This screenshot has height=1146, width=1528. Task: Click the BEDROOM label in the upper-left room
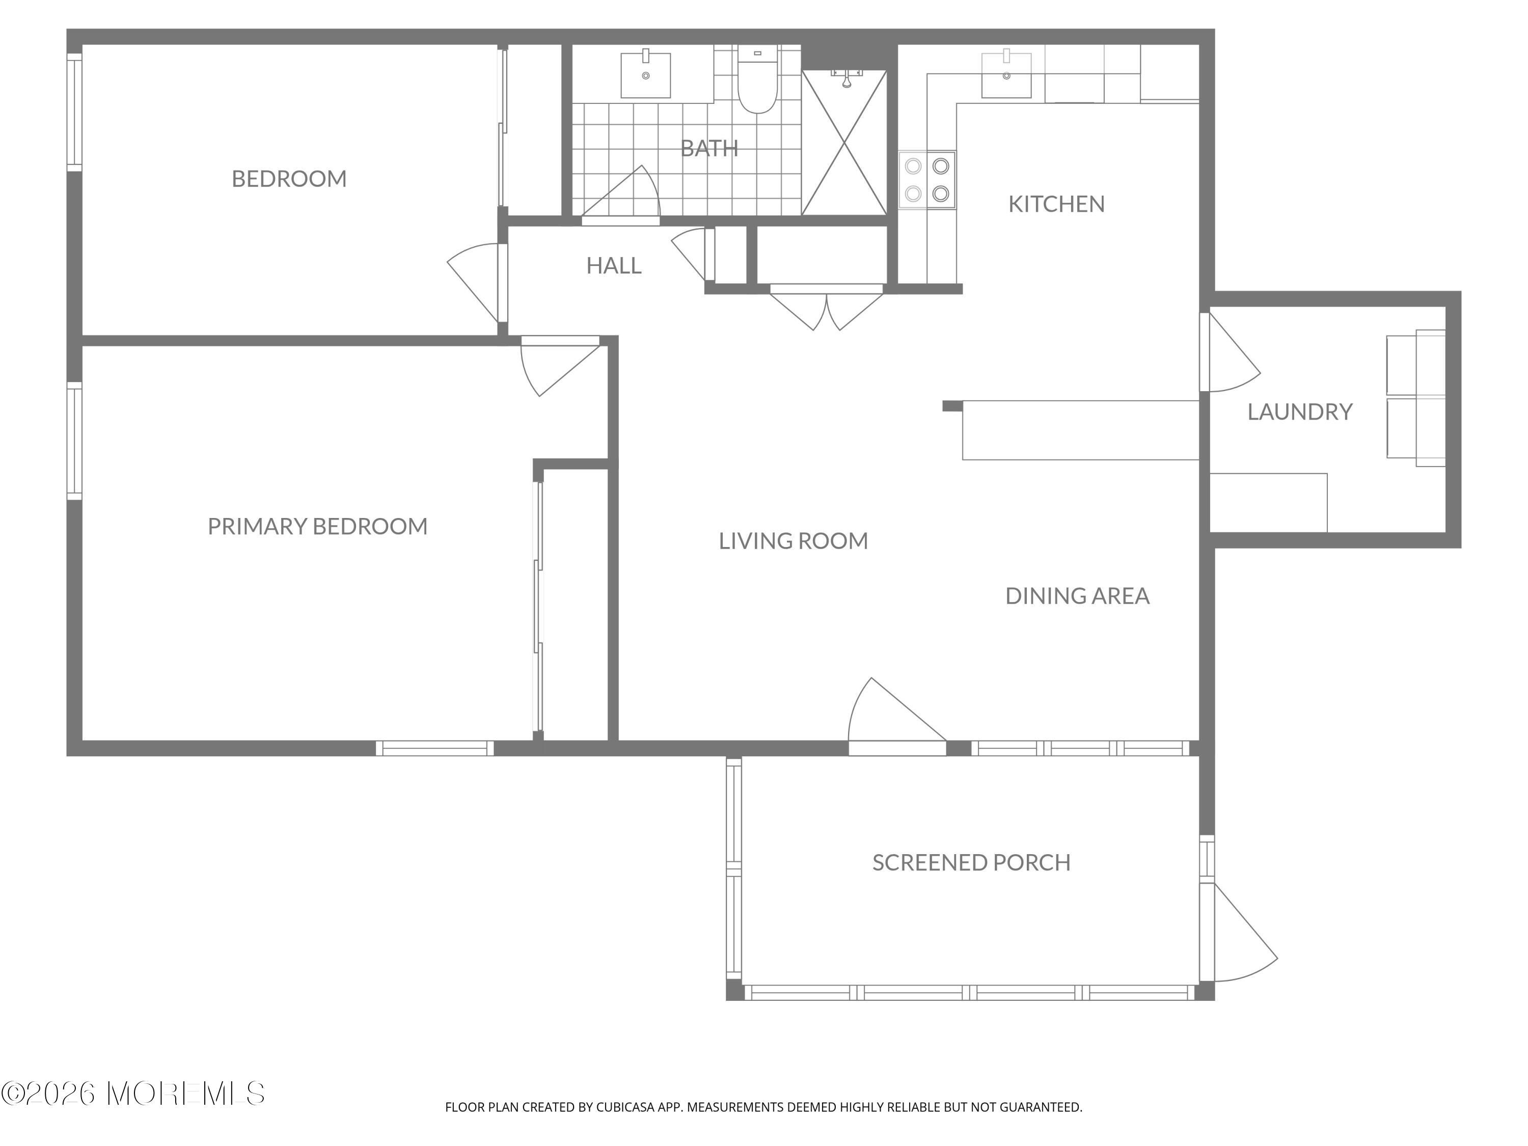point(289,179)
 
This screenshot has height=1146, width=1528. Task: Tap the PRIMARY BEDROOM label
point(318,526)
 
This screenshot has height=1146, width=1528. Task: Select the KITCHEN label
point(1056,204)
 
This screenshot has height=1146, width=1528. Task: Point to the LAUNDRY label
point(1299,412)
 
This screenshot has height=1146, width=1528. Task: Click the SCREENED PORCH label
point(971,862)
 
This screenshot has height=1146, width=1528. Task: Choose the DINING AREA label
point(1077,595)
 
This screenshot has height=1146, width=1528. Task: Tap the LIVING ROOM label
point(793,541)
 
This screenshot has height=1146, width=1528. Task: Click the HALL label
point(613,265)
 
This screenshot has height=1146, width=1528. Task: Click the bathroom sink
point(646,74)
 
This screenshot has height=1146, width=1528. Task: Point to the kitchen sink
point(1006,74)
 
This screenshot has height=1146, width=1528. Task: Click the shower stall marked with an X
point(844,142)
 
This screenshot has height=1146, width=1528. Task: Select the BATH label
point(710,148)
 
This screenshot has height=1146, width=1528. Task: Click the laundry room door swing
point(1230,353)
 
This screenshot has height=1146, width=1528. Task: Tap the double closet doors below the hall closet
point(826,308)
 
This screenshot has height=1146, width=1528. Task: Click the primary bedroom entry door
point(560,366)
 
